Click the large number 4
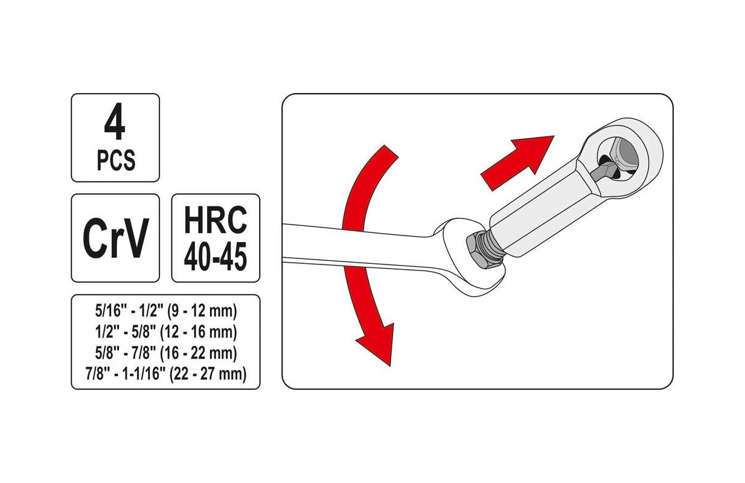[115, 121]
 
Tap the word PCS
[116, 161]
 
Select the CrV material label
[115, 238]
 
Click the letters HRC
[216, 220]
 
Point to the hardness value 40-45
[216, 257]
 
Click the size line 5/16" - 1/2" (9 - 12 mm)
[166, 312]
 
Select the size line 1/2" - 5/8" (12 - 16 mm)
[166, 332]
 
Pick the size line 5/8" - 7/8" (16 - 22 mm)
[166, 353]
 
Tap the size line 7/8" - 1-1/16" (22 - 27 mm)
[166, 374]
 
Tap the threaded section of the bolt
[491, 246]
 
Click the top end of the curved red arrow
[391, 152]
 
